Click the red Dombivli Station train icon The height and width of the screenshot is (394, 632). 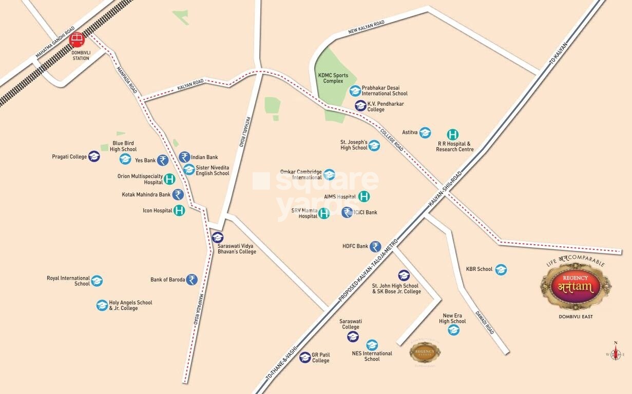(x=77, y=40)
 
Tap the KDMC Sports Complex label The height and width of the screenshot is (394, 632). (x=333, y=78)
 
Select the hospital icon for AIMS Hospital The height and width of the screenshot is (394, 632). (x=364, y=196)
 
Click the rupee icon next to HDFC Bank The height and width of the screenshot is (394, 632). (x=375, y=246)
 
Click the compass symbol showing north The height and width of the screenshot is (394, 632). (x=615, y=352)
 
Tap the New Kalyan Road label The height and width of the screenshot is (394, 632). (x=366, y=28)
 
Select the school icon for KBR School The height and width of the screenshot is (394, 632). (x=501, y=269)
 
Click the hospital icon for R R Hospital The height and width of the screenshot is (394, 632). (x=452, y=134)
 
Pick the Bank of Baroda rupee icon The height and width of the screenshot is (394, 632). (x=191, y=280)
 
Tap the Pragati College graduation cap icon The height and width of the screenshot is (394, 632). (x=94, y=156)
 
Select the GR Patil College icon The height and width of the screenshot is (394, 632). (x=305, y=357)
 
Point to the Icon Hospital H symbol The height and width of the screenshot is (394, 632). (x=179, y=210)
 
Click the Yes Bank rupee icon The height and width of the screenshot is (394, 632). (x=163, y=160)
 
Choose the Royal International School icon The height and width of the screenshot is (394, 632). (x=97, y=281)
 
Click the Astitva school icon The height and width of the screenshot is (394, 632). (x=425, y=132)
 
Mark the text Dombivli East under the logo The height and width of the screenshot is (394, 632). (x=576, y=317)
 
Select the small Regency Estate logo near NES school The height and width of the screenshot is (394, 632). (x=425, y=352)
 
